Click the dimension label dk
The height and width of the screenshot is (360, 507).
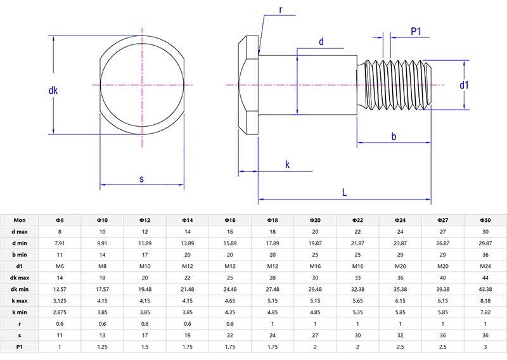point(53,91)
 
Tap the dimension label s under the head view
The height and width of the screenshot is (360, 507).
point(141,179)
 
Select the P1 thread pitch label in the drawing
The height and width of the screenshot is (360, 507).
point(417,32)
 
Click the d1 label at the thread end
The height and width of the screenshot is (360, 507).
point(464,85)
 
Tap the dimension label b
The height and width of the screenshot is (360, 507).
point(394,136)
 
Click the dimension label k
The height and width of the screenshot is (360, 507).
point(287,165)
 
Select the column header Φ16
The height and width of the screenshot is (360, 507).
point(230,220)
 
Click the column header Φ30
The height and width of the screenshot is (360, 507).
point(485,220)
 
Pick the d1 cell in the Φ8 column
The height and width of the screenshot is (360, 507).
point(60,266)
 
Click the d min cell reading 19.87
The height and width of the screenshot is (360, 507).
point(315,243)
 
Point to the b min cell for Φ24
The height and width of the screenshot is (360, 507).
point(401,255)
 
